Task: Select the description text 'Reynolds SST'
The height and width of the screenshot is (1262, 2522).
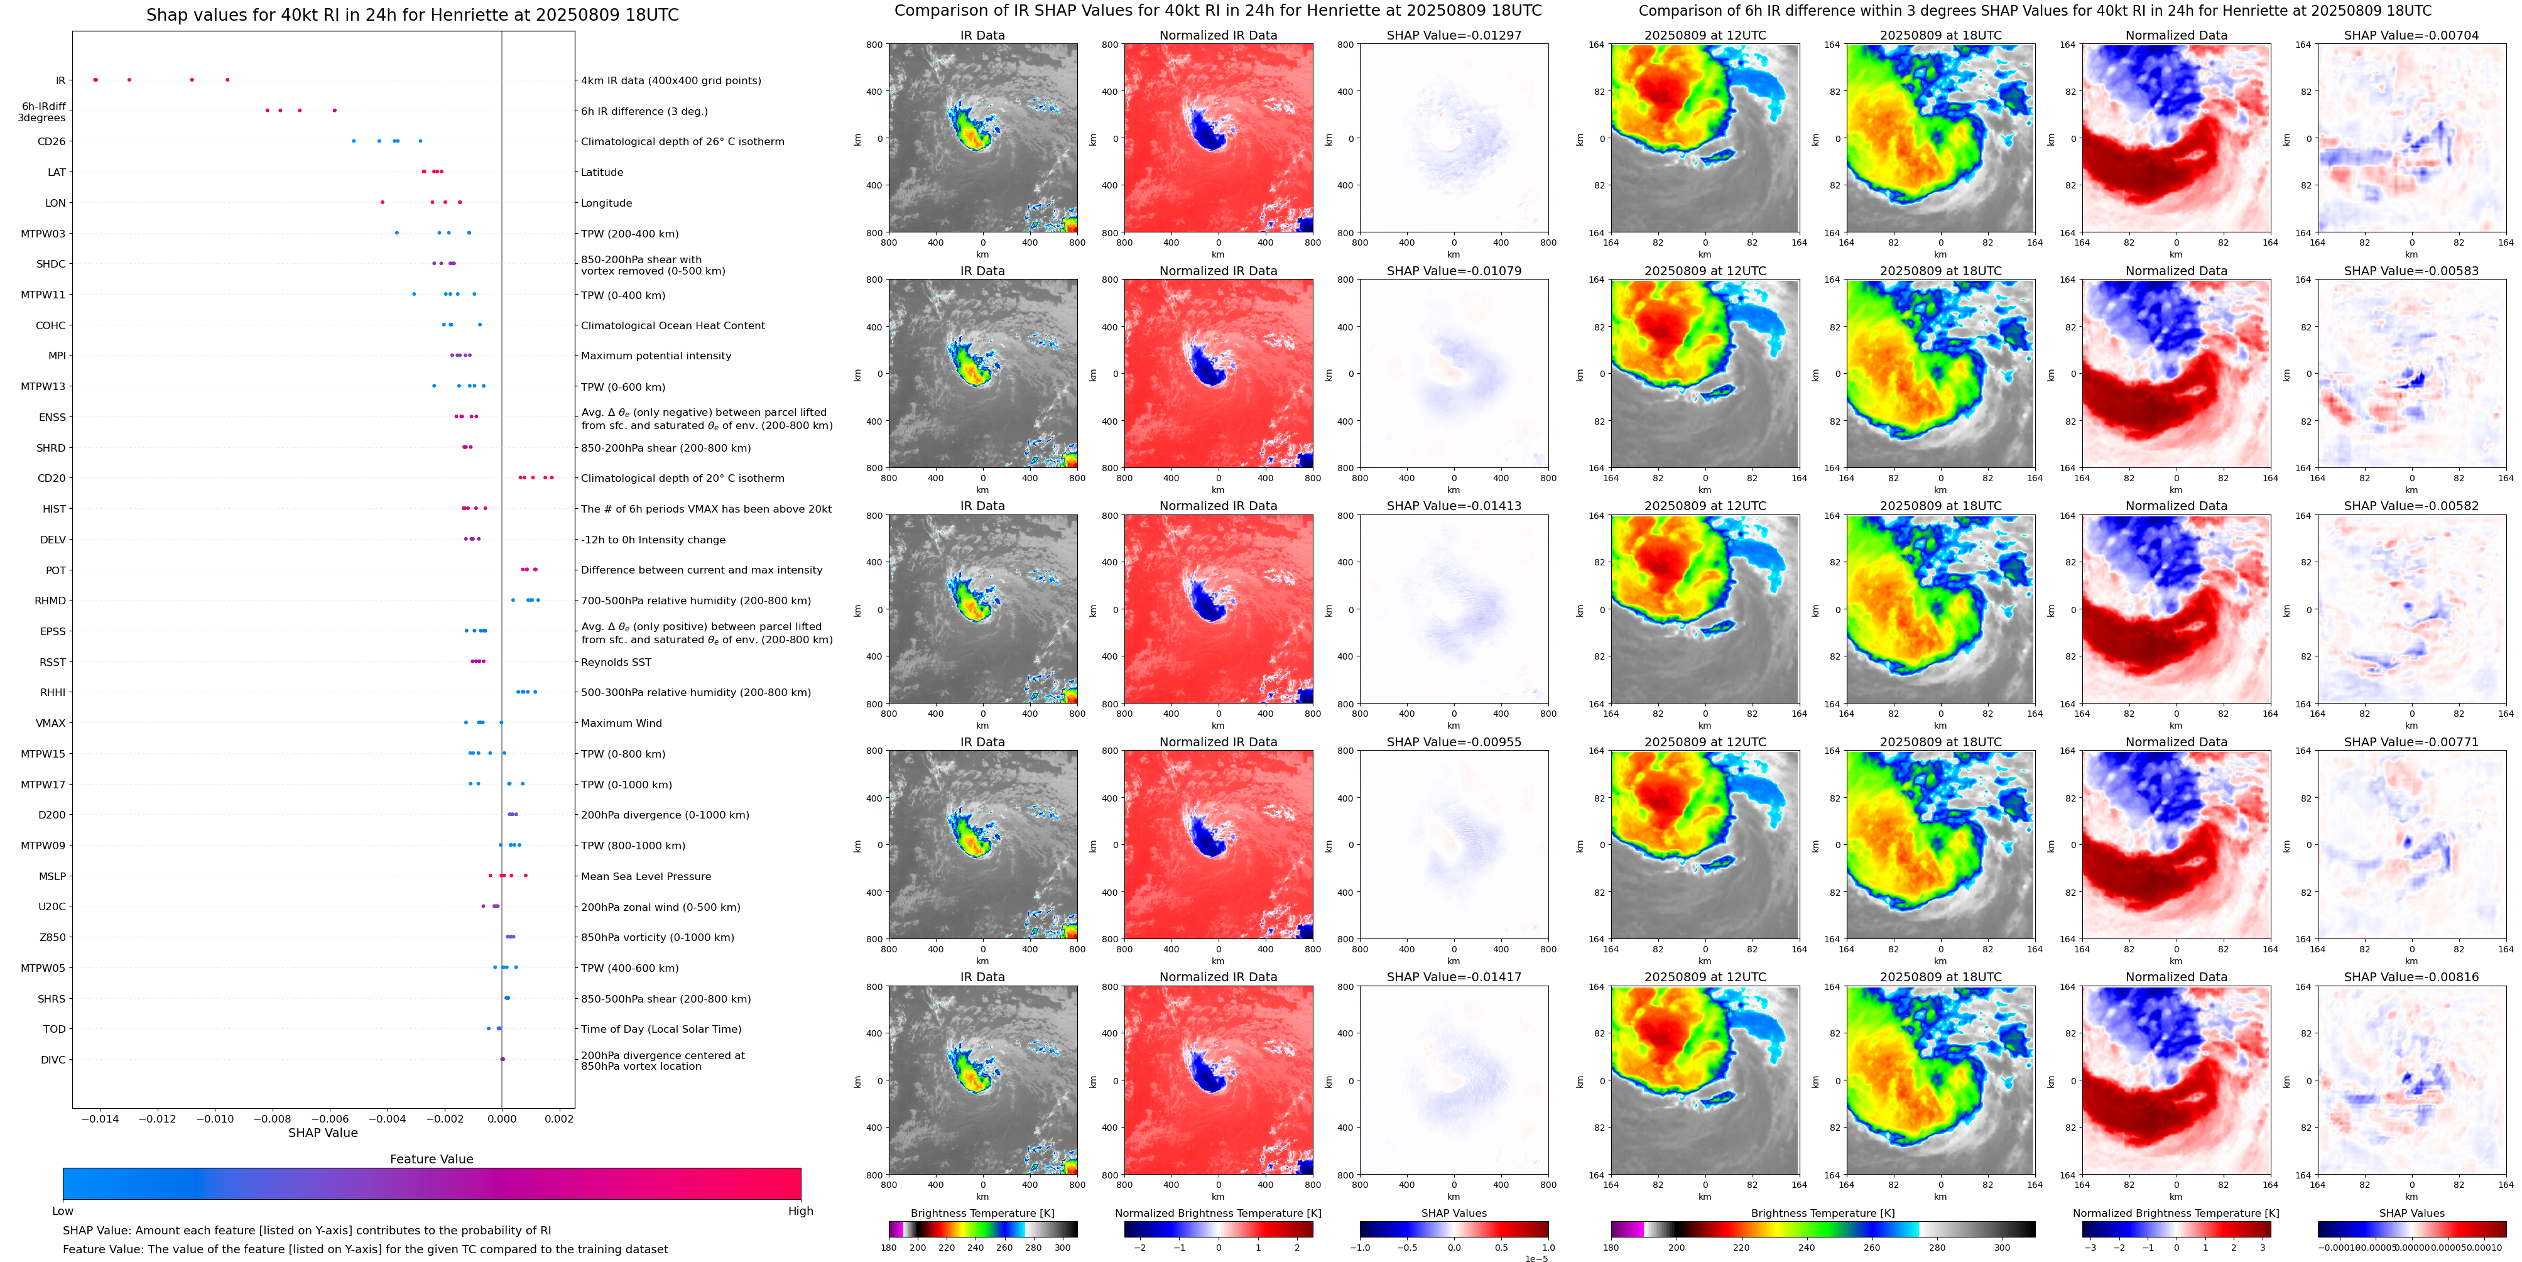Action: (x=616, y=663)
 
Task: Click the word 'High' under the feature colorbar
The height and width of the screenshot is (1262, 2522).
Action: (x=800, y=1211)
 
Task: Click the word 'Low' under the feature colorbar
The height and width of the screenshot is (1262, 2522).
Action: (x=63, y=1211)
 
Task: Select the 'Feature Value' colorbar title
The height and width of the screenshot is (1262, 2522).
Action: (x=431, y=1159)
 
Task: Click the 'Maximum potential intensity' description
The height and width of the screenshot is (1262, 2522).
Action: (x=656, y=356)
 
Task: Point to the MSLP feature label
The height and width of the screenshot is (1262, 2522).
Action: (x=52, y=877)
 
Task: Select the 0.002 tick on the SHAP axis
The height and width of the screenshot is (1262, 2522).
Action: (x=559, y=1119)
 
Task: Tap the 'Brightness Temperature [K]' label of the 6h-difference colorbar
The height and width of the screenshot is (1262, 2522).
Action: (x=1822, y=1213)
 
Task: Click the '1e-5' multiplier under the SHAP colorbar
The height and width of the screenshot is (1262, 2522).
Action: (x=1536, y=1258)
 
